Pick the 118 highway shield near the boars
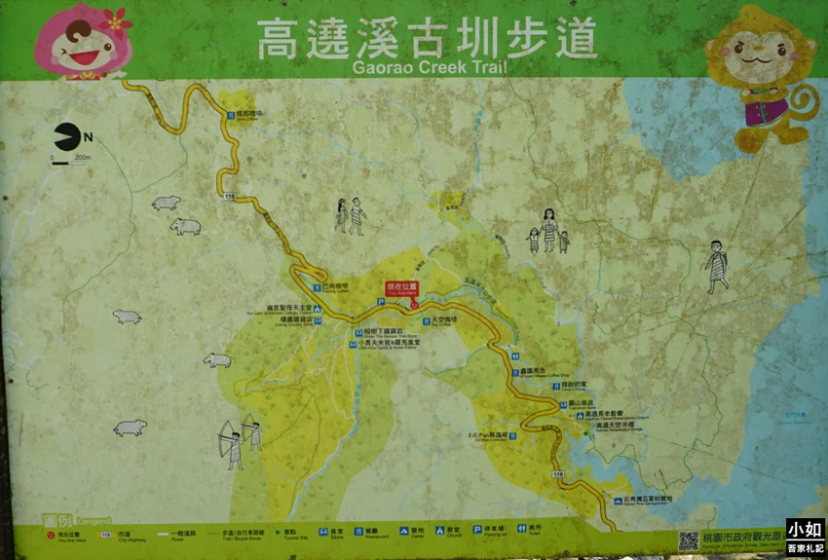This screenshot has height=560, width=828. click(230, 197)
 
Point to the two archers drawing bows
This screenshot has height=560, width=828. click(240, 441)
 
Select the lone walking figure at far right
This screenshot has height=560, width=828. click(717, 266)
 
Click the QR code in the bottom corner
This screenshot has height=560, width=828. click(689, 541)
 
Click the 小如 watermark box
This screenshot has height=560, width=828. click(805, 531)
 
